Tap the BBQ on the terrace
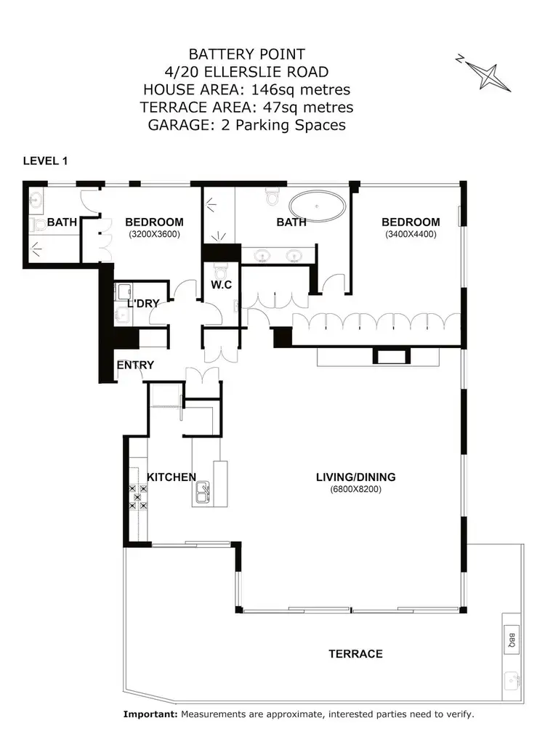click(511, 639)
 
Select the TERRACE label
click(355, 654)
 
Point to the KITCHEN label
click(171, 477)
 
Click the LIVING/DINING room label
click(355, 477)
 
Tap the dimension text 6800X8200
click(355, 490)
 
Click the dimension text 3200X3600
click(154, 235)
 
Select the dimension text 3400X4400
click(411, 235)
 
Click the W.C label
click(222, 285)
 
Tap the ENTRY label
click(135, 365)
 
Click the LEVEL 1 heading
click(45, 161)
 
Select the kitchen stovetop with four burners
click(138, 496)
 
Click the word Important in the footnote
click(150, 715)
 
